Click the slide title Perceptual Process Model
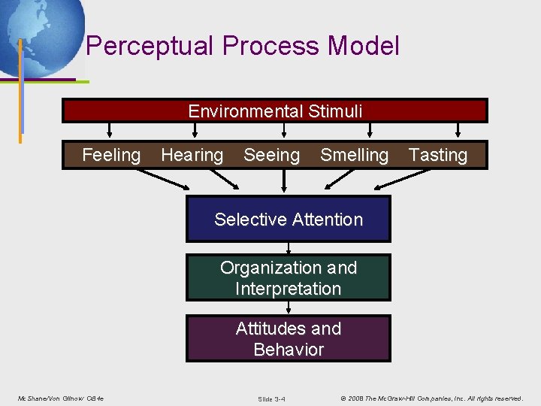coord(242,47)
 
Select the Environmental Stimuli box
coord(275,111)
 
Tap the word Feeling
coord(111,156)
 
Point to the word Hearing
coord(192,156)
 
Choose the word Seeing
coord(271,156)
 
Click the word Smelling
coord(354,156)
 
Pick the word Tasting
coord(437,156)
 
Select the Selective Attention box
coord(289,220)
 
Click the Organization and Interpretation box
coord(289,278)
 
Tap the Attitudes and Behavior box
coord(289,339)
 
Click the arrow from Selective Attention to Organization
coord(289,248)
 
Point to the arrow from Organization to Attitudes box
coord(289,308)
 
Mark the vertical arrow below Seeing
coord(284,180)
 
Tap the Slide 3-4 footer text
coord(271,398)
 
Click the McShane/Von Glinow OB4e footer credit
coord(60,398)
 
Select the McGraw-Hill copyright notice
coord(431,398)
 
